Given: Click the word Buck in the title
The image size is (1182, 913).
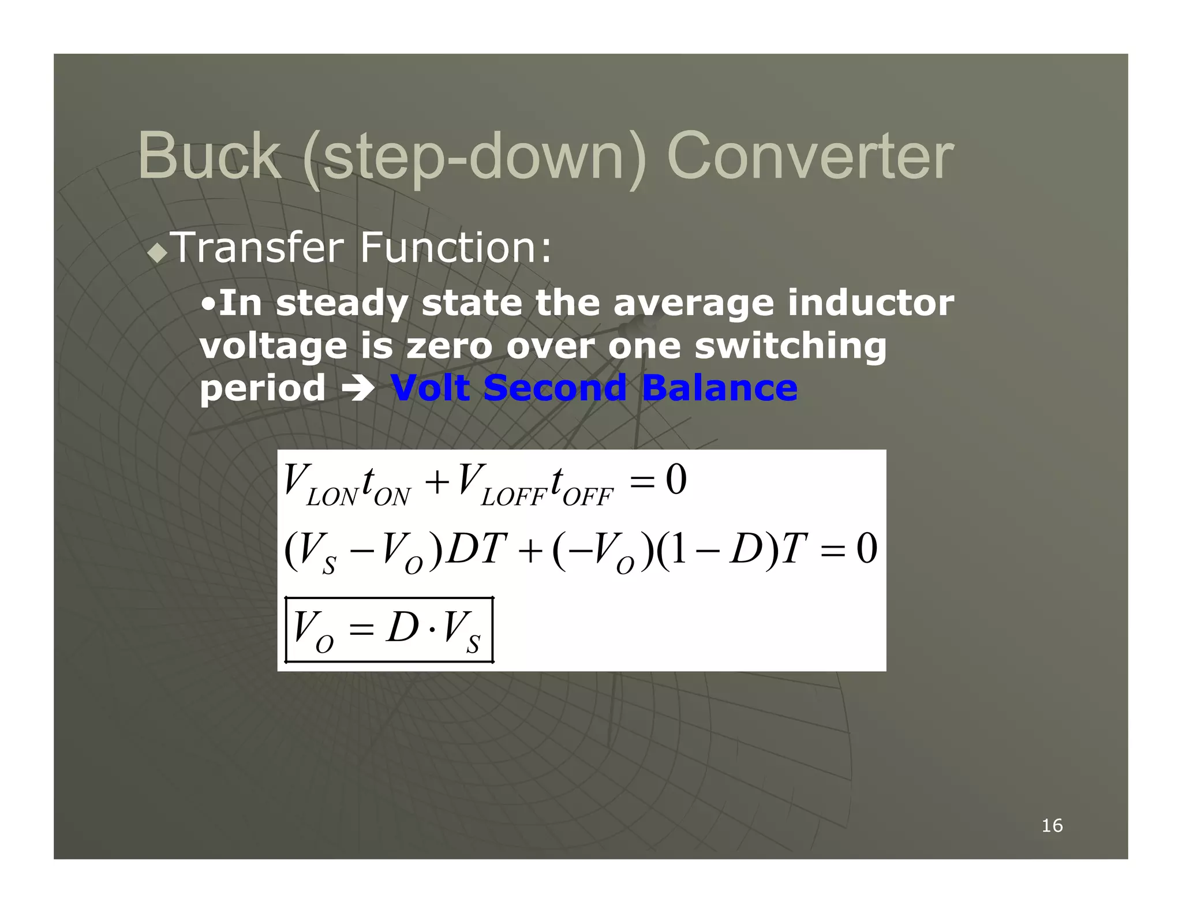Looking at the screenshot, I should pos(209,156).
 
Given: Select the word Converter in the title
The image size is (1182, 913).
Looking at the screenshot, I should pos(810,156).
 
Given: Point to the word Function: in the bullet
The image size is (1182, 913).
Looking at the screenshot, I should pos(455,248).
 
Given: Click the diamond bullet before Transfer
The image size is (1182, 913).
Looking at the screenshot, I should pos(158,253).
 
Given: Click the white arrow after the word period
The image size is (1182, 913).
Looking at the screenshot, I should pos(358,388).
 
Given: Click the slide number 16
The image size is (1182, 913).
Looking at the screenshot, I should pos(1052,825).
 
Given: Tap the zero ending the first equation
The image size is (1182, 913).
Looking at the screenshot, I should pos(676,480).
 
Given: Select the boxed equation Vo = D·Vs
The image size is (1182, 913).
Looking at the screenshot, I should pos(389,629).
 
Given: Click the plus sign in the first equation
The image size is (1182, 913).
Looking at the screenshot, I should pos(437,482).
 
